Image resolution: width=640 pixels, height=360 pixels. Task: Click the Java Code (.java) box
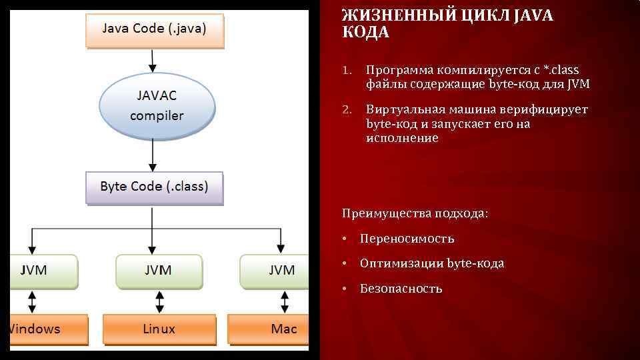(155, 29)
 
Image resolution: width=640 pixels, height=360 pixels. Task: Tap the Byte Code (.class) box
(154, 187)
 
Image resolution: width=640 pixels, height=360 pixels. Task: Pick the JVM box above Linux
(159, 270)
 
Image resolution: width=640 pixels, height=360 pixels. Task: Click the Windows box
(43, 329)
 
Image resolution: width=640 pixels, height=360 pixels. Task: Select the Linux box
(159, 329)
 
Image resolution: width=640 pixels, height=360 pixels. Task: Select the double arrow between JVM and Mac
(283, 301)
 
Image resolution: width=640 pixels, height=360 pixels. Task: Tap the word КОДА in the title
(365, 33)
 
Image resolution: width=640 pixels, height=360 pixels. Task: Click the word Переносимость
(407, 238)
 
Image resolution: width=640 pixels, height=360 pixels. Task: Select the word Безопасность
(401, 289)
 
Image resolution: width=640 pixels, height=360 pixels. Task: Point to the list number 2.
(346, 109)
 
